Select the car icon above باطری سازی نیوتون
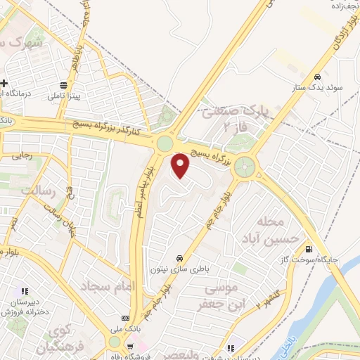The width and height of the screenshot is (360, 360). (x=181, y=257)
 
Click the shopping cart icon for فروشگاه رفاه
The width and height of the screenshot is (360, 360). (x=131, y=346)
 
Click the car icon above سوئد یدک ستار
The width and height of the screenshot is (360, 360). (x=318, y=77)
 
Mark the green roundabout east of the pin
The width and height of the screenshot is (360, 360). (x=245, y=167)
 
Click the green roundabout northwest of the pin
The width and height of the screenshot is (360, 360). (x=164, y=143)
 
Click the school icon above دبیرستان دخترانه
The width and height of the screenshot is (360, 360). (x=23, y=291)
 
